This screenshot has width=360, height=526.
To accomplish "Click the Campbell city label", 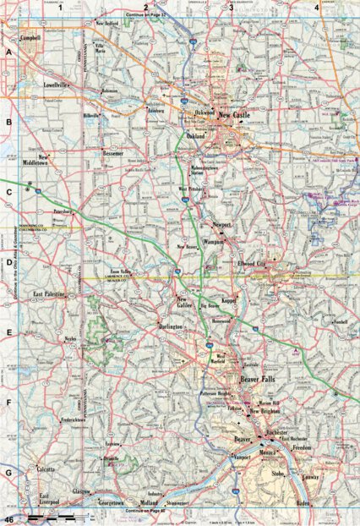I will point(30,38).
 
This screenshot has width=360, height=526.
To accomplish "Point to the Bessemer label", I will point(112,154).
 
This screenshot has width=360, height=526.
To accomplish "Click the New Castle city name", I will point(234,113).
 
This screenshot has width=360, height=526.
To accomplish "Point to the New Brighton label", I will point(267,412).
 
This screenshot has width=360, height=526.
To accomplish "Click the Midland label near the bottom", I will point(149,502).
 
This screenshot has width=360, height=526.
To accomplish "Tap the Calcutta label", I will point(46,468).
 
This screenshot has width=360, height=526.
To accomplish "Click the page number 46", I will point(9,517).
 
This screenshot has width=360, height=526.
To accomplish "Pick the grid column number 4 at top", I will point(316,7).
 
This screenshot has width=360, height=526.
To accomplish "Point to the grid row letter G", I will point(8,473).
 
